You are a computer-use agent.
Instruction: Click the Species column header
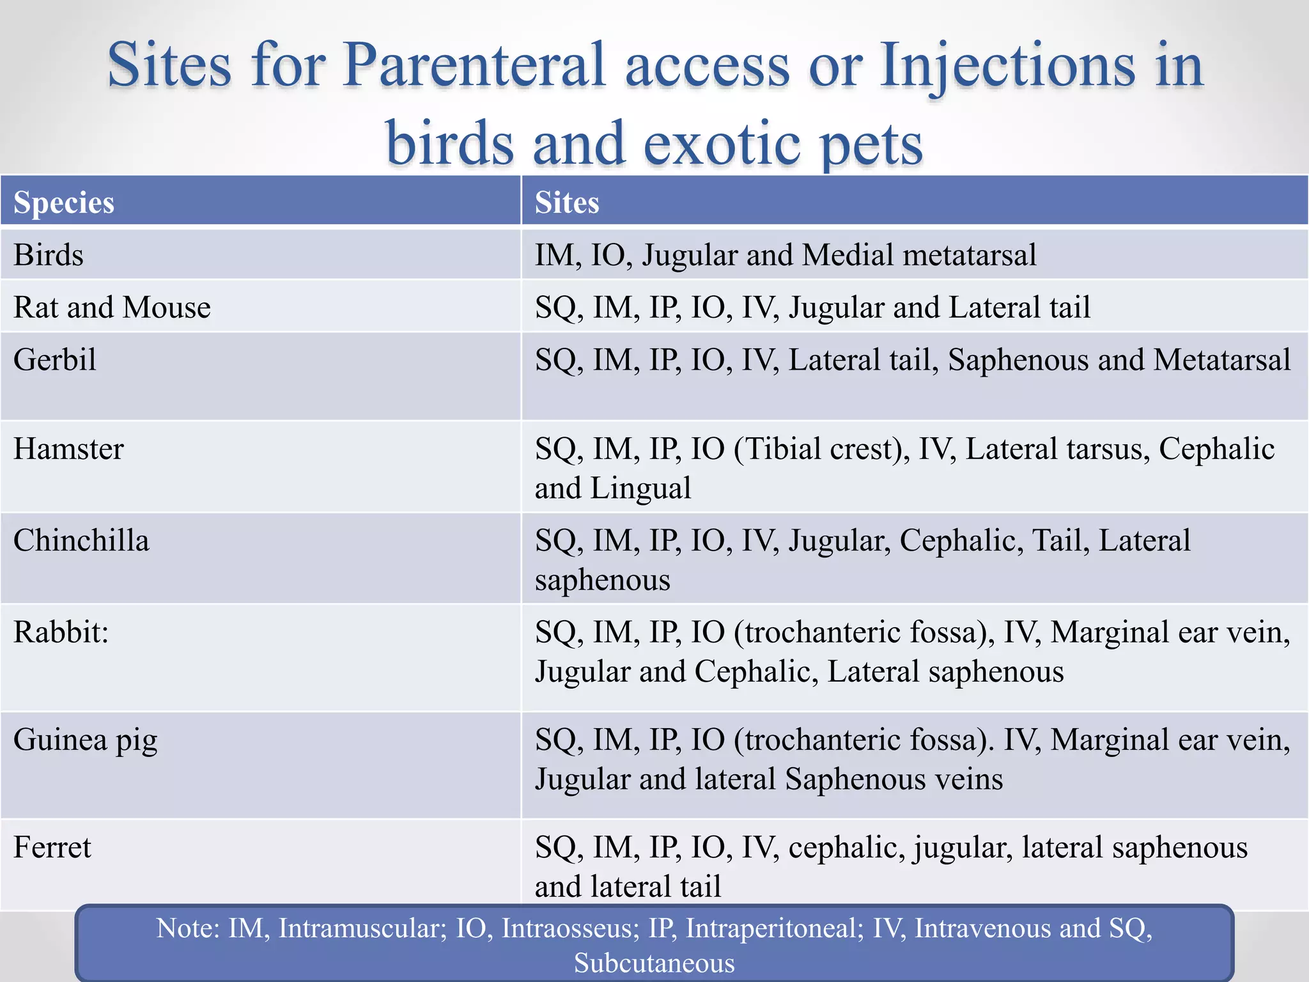point(64,203)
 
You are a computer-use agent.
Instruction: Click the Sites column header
point(567,203)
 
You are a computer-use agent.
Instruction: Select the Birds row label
point(49,255)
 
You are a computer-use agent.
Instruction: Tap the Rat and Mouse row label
point(112,308)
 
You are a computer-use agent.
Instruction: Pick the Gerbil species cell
point(55,360)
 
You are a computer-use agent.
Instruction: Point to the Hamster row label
point(68,449)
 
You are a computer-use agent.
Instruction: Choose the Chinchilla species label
point(81,541)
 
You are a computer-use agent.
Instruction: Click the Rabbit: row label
point(61,632)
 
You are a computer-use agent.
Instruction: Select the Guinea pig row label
point(85,740)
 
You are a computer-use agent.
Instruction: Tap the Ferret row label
point(52,848)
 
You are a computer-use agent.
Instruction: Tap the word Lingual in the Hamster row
point(640,488)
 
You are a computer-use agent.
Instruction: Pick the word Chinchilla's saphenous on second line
point(602,581)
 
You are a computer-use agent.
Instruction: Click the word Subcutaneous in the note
point(654,963)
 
